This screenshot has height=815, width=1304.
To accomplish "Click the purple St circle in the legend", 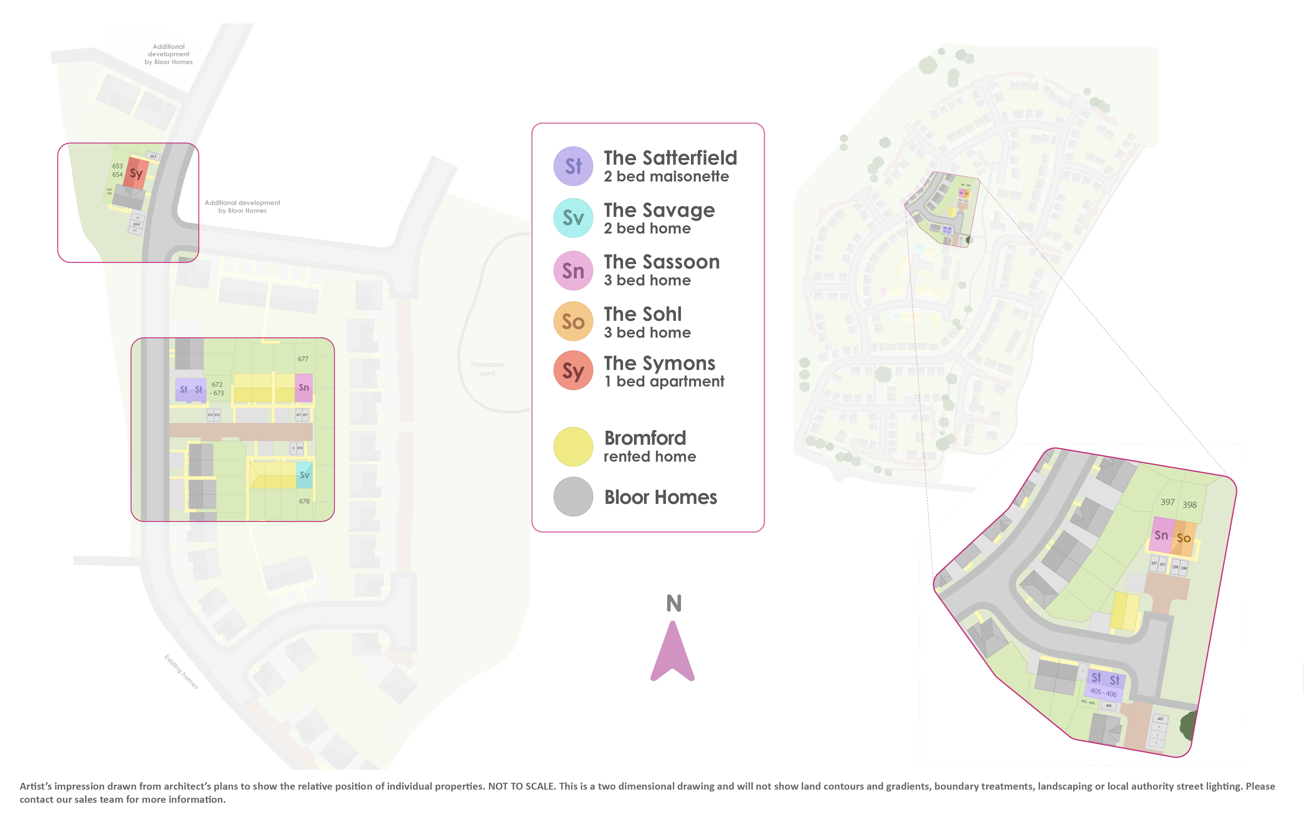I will [x=573, y=166].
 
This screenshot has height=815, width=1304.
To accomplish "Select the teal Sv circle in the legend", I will [x=573, y=218].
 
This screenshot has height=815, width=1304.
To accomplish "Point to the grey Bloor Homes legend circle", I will [x=573, y=496].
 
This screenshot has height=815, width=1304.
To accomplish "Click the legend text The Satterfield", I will [x=670, y=158].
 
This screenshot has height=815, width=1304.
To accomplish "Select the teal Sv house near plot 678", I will [x=304, y=475].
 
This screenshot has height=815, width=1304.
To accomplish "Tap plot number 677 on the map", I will [x=303, y=359].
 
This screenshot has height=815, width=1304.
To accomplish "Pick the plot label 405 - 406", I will [x=1103, y=693].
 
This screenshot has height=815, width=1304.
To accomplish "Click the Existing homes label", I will [x=181, y=672].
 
